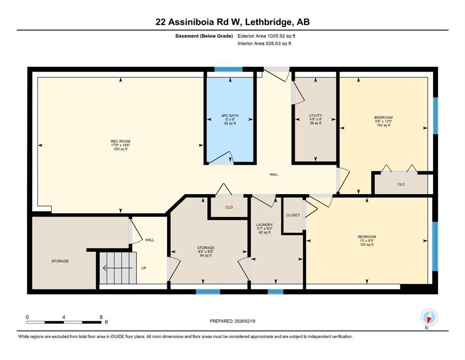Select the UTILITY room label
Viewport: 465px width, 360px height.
[315, 119]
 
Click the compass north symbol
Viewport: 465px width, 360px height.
[429, 317]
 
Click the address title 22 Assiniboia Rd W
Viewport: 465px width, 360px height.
[232, 22]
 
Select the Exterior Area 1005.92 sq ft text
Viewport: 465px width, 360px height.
[266, 36]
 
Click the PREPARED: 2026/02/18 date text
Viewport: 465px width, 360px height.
[232, 321]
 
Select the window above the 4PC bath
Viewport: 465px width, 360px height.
[229, 69]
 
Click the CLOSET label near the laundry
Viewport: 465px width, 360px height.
[293, 215]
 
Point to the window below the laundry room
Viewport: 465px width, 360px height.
[275, 292]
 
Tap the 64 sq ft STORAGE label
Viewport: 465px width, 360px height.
[206, 251]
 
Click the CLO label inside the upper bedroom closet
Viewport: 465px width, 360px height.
[401, 184]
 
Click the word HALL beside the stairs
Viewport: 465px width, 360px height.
[149, 240]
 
